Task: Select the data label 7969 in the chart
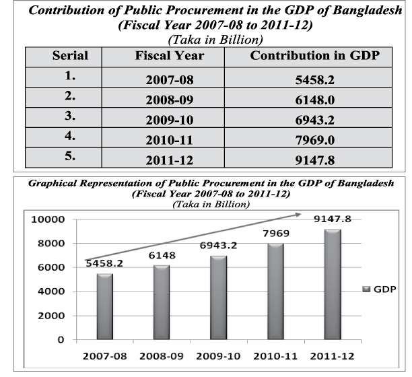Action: [275, 234]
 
